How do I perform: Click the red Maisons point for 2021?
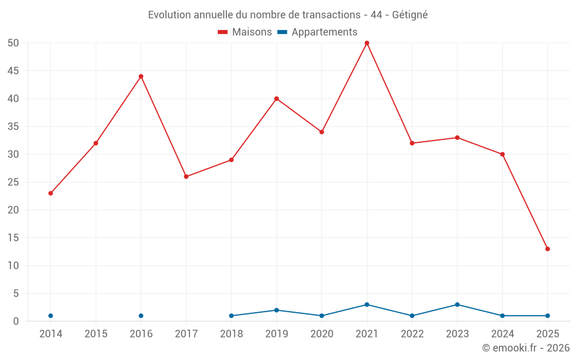point(367,43)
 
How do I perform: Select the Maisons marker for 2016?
point(141,77)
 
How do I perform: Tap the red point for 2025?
point(548,249)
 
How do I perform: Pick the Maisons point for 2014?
point(51,194)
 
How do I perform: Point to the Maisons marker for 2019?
point(276,98)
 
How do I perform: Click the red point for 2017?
point(186,177)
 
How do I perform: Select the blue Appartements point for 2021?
point(367,305)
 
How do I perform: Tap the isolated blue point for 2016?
point(141,316)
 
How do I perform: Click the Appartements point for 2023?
point(457,305)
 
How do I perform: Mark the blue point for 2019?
point(276,310)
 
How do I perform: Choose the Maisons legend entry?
point(245,32)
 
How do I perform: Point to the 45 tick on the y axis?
point(13,71)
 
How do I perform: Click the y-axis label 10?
point(13,266)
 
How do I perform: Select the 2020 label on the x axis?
point(321,334)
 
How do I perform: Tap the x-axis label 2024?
point(502,334)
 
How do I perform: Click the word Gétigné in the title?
point(410,15)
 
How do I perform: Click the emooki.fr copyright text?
point(525,348)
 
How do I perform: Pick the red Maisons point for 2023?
point(457,138)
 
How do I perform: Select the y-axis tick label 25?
point(13,182)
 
